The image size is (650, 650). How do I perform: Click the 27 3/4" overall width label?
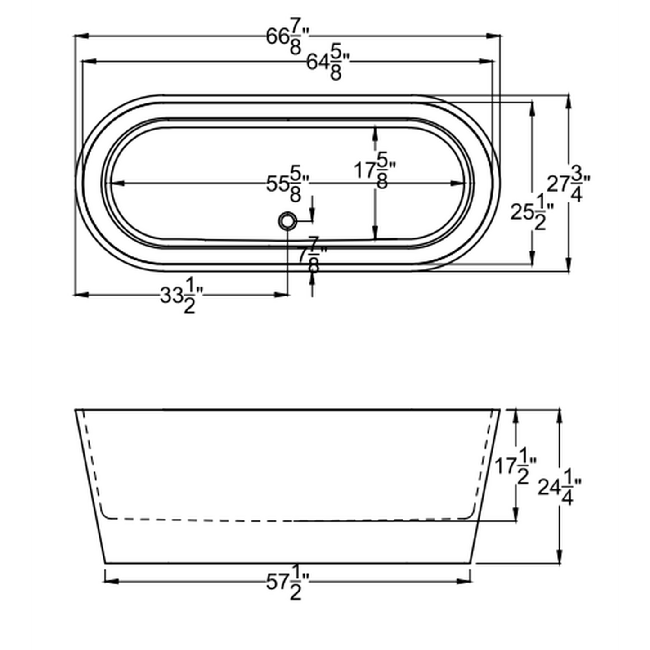click(x=568, y=185)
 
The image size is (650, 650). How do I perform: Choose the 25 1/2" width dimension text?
click(x=531, y=213)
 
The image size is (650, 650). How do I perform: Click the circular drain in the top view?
click(x=287, y=221)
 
